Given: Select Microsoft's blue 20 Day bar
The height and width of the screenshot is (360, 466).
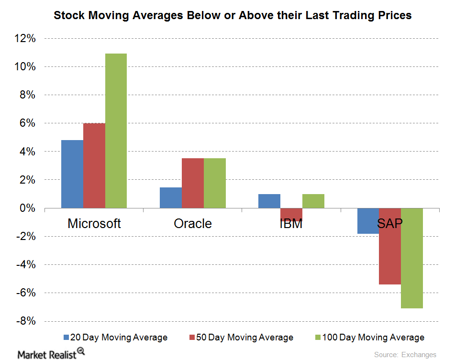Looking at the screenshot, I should (72, 174).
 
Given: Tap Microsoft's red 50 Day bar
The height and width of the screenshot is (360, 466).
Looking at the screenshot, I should (94, 165).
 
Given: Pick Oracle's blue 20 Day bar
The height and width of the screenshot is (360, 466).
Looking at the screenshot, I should (170, 197).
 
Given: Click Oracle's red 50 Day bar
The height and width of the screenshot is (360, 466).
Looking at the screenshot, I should (192, 183).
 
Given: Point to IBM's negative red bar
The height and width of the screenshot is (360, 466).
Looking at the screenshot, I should (291, 213).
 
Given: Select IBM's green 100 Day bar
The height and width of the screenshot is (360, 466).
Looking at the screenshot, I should (313, 201).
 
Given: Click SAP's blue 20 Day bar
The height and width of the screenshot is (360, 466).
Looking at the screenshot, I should (367, 221).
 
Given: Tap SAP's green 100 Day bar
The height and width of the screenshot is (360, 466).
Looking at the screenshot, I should (411, 258).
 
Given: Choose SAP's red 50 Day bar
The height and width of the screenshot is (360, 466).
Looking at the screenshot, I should (389, 246).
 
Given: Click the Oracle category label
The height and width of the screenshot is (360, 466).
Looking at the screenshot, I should (192, 223).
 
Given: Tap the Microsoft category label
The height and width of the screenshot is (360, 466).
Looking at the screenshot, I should (94, 223).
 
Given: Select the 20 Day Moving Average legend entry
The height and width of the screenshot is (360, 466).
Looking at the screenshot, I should (115, 338).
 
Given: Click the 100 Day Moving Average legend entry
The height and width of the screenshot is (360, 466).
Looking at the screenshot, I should (368, 338).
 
